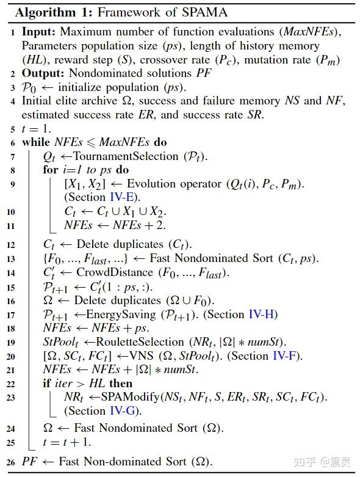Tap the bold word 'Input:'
pos(38,31)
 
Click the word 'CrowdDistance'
pos(110,273)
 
